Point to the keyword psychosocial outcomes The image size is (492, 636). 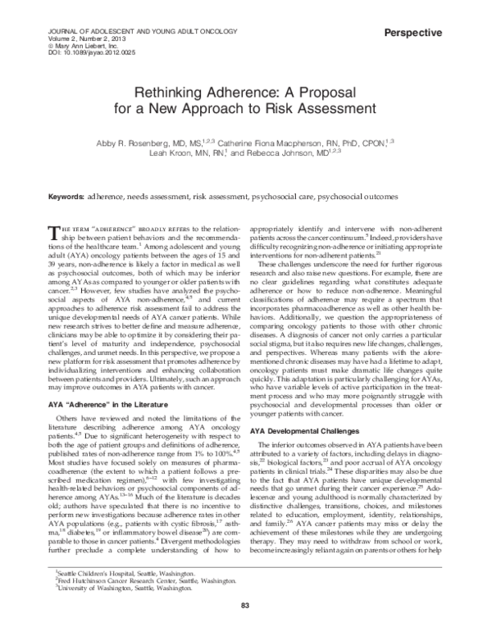click(358, 198)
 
